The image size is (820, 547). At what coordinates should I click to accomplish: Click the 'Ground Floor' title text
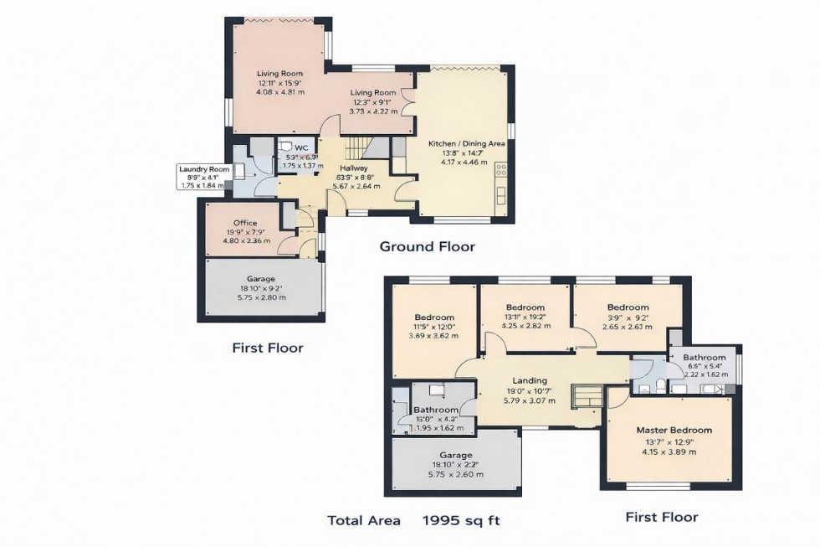pyautogui.click(x=427, y=246)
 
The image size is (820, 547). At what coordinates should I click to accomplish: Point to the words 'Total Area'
pyautogui.click(x=364, y=520)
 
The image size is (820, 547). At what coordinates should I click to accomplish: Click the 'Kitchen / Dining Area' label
pyautogui.click(x=467, y=144)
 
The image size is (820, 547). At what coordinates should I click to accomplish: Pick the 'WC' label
pyautogui.click(x=301, y=147)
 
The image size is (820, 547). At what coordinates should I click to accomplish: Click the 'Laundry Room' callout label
pyautogui.click(x=203, y=168)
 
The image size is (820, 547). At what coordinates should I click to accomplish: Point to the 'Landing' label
pyautogui.click(x=530, y=379)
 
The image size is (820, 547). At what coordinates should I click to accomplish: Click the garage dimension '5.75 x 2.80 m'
pyautogui.click(x=260, y=297)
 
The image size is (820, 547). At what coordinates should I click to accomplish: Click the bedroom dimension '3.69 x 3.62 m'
pyautogui.click(x=433, y=336)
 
